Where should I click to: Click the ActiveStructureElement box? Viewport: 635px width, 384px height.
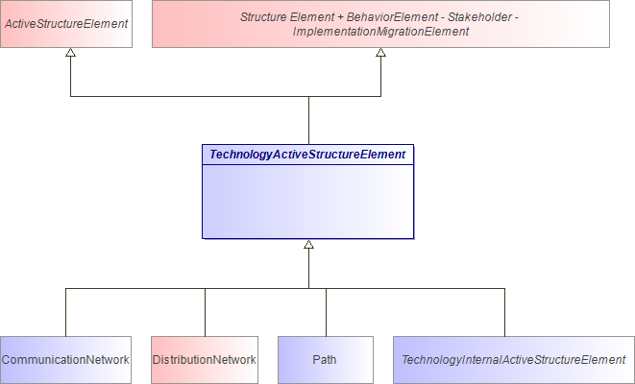pos(66,24)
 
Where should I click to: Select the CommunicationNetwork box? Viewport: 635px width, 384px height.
pos(65,360)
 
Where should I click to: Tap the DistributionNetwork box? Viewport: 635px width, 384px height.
pos(205,360)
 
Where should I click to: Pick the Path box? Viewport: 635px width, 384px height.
pos(325,360)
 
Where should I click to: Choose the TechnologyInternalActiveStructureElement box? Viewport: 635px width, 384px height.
pos(513,360)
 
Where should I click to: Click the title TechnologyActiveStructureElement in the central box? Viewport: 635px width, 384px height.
pos(307,154)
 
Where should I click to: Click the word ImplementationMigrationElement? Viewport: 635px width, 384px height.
pos(380,32)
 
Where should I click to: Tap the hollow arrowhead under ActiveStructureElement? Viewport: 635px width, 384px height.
pos(71,54)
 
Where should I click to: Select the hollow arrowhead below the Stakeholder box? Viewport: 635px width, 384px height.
pos(380,54)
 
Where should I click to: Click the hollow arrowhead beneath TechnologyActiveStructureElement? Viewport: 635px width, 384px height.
pos(308,246)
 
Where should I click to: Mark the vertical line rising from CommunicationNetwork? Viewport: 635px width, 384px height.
pos(65,312)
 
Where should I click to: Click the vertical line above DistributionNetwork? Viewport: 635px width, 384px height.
pos(205,312)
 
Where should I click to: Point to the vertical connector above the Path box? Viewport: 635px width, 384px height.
pos(326,312)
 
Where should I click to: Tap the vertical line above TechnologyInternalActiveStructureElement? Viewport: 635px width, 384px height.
pos(504,312)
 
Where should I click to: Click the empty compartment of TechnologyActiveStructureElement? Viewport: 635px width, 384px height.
pos(307,202)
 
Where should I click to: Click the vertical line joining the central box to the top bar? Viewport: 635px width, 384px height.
pos(308,120)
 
